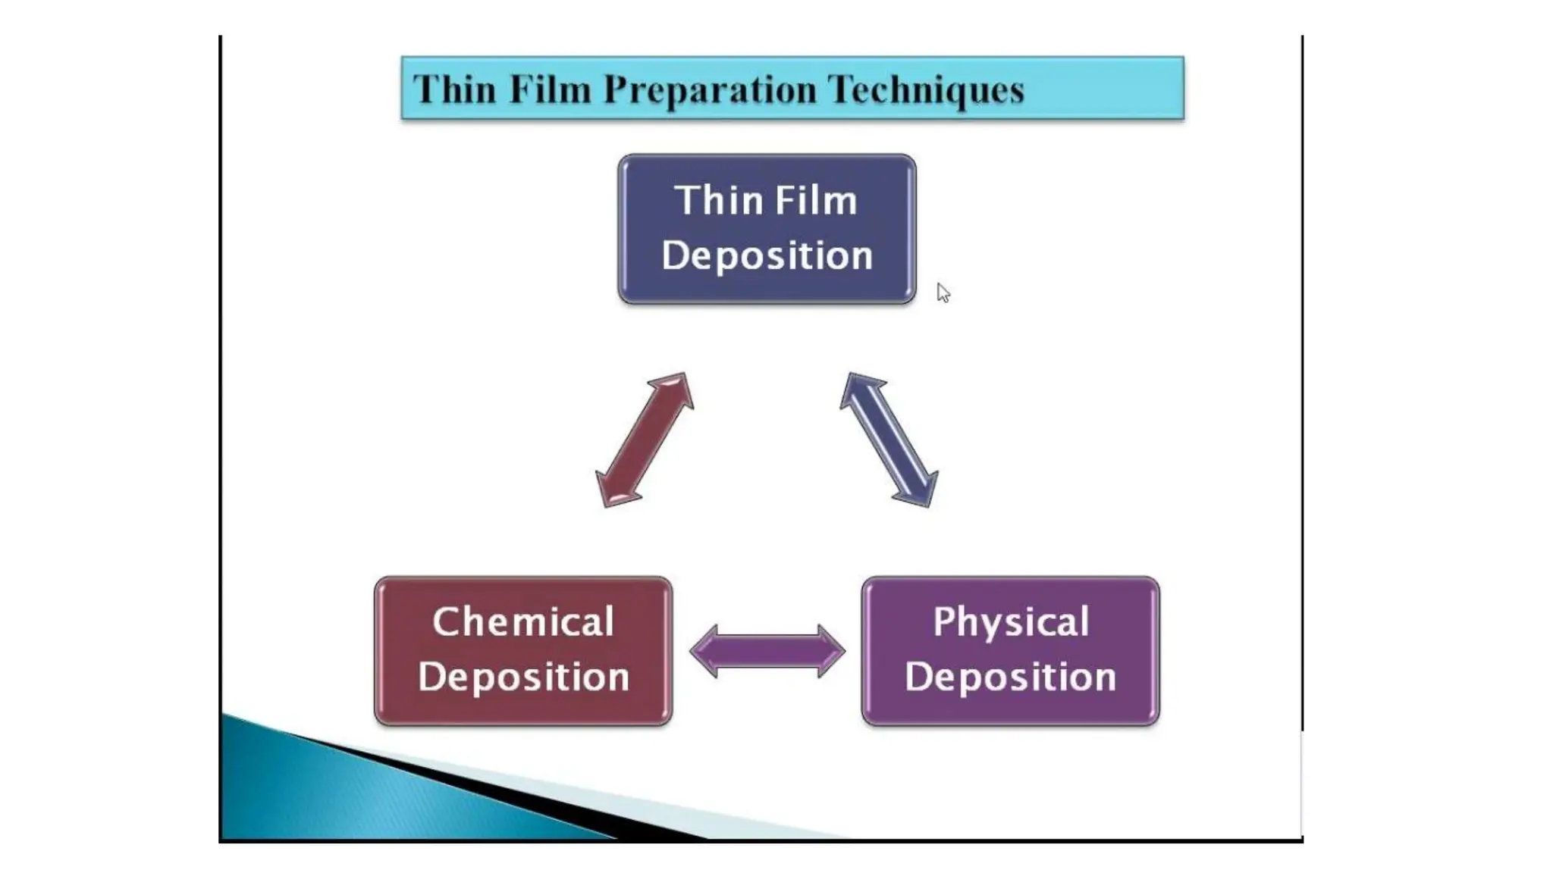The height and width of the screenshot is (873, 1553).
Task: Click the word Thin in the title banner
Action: point(453,89)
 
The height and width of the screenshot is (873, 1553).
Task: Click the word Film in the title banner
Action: point(550,89)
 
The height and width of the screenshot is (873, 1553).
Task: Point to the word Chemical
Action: point(522,623)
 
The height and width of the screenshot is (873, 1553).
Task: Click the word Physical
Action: point(1010,623)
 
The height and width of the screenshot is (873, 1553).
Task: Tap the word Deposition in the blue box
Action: point(767,256)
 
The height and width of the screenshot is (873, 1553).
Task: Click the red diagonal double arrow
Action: point(645,440)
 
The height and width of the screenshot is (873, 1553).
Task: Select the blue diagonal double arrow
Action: point(889,440)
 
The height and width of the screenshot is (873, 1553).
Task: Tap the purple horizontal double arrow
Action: point(767,651)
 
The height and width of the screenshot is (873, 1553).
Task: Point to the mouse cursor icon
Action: point(943,293)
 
